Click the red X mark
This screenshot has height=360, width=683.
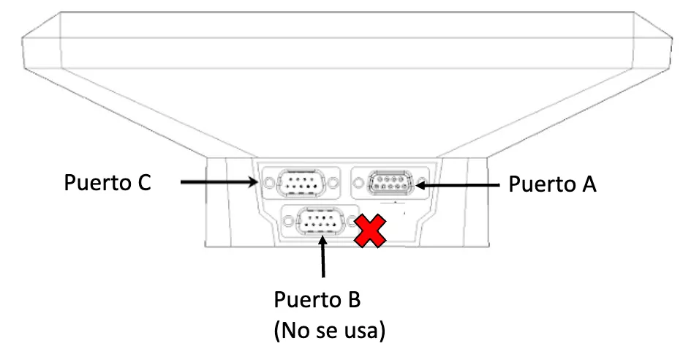click(371, 233)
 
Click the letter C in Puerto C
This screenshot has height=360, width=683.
click(143, 182)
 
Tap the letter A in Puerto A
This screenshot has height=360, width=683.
click(587, 184)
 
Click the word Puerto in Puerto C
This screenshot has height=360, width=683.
click(94, 182)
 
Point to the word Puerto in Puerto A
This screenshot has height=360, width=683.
click(539, 184)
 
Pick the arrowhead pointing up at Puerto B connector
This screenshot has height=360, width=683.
click(322, 241)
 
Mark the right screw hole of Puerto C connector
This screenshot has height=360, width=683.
click(333, 181)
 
